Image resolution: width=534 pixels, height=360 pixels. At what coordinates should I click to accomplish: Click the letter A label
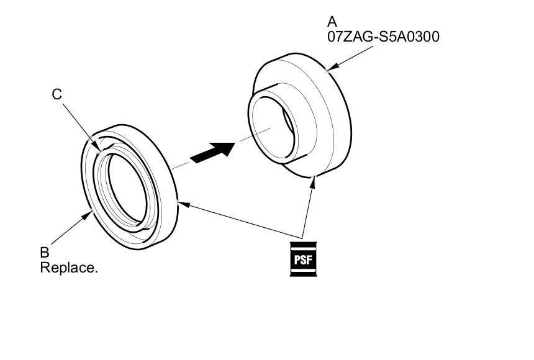(332, 23)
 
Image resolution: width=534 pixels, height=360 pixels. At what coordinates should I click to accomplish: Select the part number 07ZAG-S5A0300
(383, 37)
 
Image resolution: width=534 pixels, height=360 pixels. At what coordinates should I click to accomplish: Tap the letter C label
(57, 94)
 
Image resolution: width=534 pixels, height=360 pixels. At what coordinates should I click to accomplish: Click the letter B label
(44, 253)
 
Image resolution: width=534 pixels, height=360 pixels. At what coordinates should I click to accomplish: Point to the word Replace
(69, 268)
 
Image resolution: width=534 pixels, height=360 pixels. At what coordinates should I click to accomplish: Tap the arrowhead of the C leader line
(99, 147)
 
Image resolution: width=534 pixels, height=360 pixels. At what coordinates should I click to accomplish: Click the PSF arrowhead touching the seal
(181, 202)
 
